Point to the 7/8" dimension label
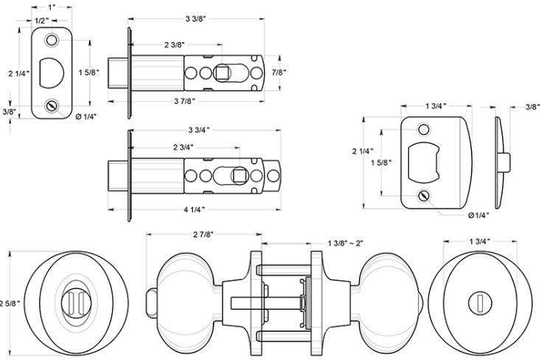point(279,72)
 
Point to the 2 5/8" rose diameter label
point(9,302)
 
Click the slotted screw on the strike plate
point(423,195)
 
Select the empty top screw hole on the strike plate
point(423,130)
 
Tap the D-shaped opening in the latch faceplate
point(54,72)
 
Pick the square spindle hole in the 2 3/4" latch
point(240,176)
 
